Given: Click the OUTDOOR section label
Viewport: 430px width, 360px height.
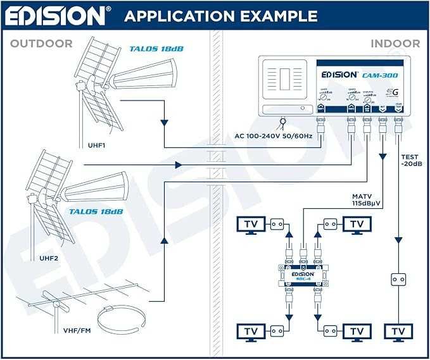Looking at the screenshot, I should (42, 44).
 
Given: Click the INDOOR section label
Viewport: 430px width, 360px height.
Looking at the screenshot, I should (395, 44).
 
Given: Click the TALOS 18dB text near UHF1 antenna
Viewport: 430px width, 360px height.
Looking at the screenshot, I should (153, 48).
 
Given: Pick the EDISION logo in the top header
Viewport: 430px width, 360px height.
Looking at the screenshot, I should (56, 15).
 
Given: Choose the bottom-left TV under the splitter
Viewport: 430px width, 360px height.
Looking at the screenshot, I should (251, 330).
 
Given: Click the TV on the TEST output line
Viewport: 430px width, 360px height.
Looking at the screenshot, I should (398, 330).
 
